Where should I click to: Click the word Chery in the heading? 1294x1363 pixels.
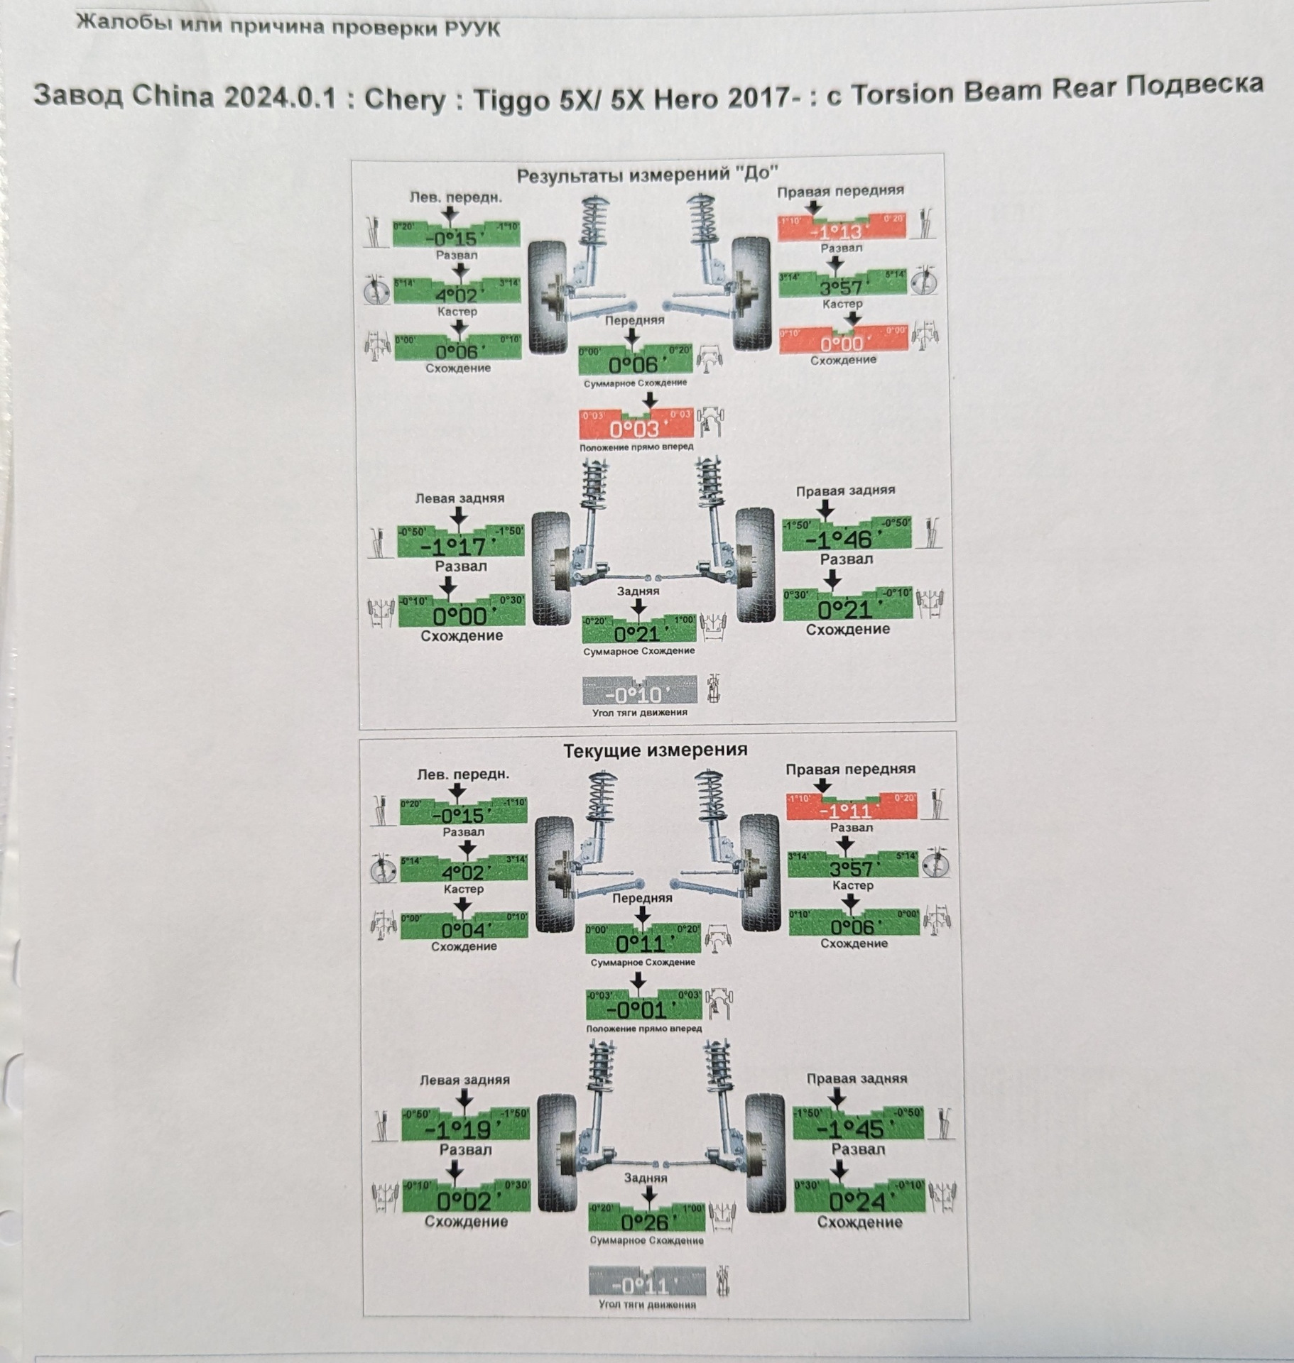click(404, 99)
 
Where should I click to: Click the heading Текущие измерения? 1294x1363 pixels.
click(655, 750)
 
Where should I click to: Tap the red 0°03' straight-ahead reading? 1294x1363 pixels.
click(635, 429)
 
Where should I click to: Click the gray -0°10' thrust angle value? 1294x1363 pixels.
click(638, 694)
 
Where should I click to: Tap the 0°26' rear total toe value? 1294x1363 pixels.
click(646, 1222)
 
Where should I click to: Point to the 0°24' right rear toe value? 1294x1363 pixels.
click(857, 1201)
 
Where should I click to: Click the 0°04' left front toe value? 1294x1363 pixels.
click(463, 930)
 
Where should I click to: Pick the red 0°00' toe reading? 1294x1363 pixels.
click(842, 344)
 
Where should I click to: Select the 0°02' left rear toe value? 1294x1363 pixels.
click(464, 1201)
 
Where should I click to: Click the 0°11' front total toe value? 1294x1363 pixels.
click(641, 943)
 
